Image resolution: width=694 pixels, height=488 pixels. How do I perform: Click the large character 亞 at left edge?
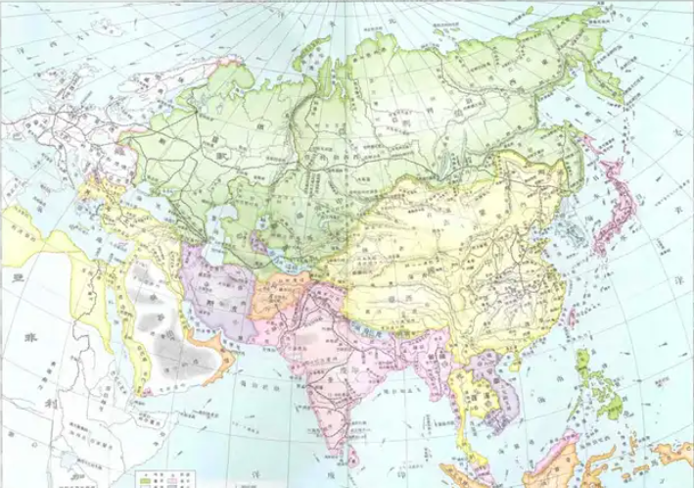point(15,280)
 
